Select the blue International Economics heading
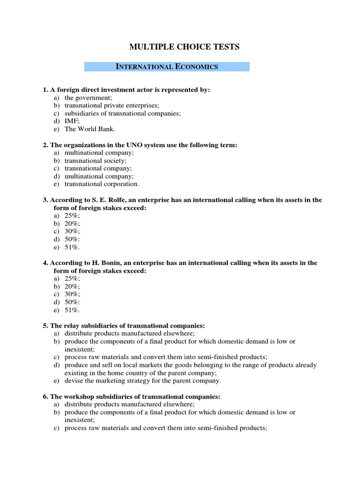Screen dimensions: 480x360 click(167, 67)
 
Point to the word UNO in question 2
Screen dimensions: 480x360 click(123, 145)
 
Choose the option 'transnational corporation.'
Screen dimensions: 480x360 click(102, 184)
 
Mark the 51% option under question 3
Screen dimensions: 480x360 click(72, 247)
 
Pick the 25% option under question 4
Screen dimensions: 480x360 click(72, 278)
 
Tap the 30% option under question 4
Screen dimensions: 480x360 click(72, 294)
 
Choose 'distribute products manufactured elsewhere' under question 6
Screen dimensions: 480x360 click(123, 404)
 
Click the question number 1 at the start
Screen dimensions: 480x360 click(45, 90)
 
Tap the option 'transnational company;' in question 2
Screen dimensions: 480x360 click(98, 168)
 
